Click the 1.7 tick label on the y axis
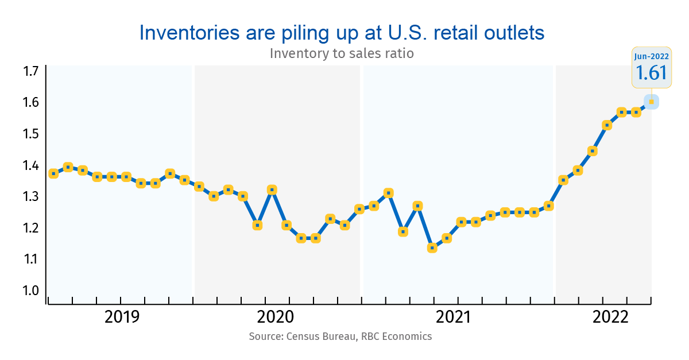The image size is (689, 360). pos(30,72)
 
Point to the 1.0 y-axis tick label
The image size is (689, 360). pos(30,291)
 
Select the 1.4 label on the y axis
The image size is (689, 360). pos(30,166)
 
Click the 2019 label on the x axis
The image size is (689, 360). pos(122,317)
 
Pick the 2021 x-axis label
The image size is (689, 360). pos(454,317)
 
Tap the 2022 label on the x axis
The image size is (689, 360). pos(610,317)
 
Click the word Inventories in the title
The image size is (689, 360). pos(185,33)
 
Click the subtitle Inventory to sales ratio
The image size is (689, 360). pos(342,54)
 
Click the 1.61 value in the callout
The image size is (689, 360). pos(651,73)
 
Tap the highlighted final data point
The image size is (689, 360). pos(651,102)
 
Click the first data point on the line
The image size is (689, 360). pos(53,173)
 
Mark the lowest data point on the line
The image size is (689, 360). pos(432,248)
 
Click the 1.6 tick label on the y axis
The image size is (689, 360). pos(30,103)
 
